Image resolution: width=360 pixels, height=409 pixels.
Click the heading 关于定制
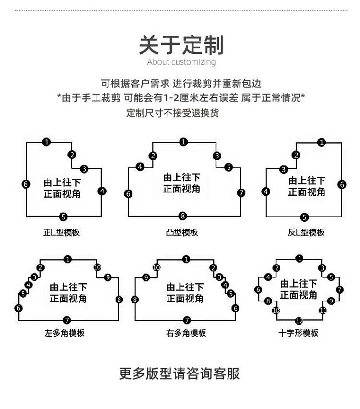181,45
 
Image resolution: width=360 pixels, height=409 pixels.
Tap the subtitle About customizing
181,62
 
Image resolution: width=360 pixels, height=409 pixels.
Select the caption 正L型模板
61,232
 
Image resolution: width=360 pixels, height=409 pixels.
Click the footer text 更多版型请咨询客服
180,373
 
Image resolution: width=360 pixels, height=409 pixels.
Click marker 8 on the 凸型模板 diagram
182,216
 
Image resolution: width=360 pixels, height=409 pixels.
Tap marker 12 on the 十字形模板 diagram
299,321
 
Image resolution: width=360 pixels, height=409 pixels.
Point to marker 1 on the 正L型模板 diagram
46,142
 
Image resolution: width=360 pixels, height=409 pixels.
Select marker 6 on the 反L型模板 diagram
342,184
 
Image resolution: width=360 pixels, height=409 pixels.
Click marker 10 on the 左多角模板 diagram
97,267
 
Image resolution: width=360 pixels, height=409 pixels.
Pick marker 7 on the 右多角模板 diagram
187,320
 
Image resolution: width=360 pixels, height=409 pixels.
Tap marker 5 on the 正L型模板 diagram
63,217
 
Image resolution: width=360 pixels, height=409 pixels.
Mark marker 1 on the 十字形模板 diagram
300,259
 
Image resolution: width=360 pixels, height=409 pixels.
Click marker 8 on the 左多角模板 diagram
119,300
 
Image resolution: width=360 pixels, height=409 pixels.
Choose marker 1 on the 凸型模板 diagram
183,142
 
